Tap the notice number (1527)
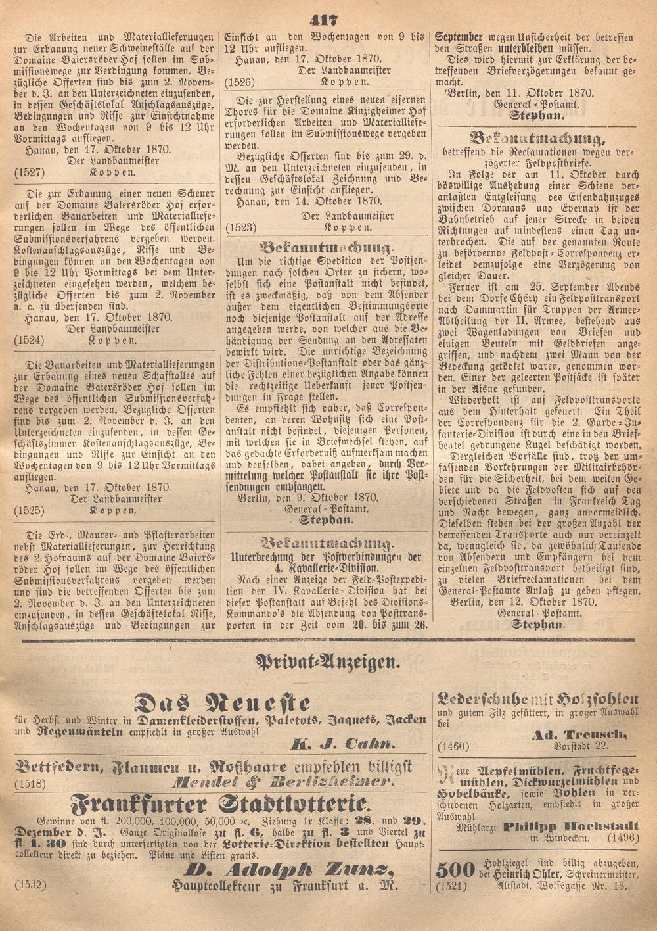[28, 172]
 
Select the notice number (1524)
[28, 341]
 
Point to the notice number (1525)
[28, 510]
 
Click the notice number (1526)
[239, 82]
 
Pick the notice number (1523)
[239, 227]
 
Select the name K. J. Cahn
[344, 745]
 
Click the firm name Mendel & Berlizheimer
[283, 782]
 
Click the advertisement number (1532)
[28, 886]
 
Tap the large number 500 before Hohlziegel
[456, 869]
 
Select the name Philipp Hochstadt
[572, 826]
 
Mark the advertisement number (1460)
[452, 746]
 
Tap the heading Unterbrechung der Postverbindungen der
[327, 556]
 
